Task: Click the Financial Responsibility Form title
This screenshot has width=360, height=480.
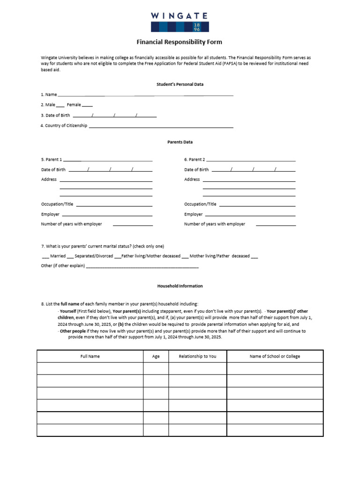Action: click(x=180, y=42)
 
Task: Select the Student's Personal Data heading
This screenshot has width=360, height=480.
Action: click(x=180, y=84)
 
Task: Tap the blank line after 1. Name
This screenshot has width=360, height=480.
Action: click(x=145, y=95)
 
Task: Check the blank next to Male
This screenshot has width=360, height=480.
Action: click(x=60, y=105)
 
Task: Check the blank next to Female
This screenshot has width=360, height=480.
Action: click(x=87, y=105)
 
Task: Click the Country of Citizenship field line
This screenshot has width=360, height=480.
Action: click(x=161, y=127)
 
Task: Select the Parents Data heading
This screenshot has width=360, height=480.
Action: click(x=180, y=142)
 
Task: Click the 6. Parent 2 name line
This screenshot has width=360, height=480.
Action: click(x=251, y=160)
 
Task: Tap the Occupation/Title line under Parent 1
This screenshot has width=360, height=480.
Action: click(x=114, y=205)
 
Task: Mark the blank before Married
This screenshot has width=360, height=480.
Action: click(x=45, y=257)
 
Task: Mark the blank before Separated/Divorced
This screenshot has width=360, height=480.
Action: click(x=70, y=257)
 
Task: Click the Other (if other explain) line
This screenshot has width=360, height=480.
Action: click(x=142, y=267)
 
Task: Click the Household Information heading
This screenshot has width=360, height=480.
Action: click(x=180, y=286)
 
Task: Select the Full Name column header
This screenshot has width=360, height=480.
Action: click(x=90, y=356)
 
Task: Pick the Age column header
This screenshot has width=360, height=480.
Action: click(x=156, y=356)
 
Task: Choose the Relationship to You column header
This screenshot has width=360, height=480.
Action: click(x=197, y=356)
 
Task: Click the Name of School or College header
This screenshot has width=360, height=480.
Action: click(x=275, y=356)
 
